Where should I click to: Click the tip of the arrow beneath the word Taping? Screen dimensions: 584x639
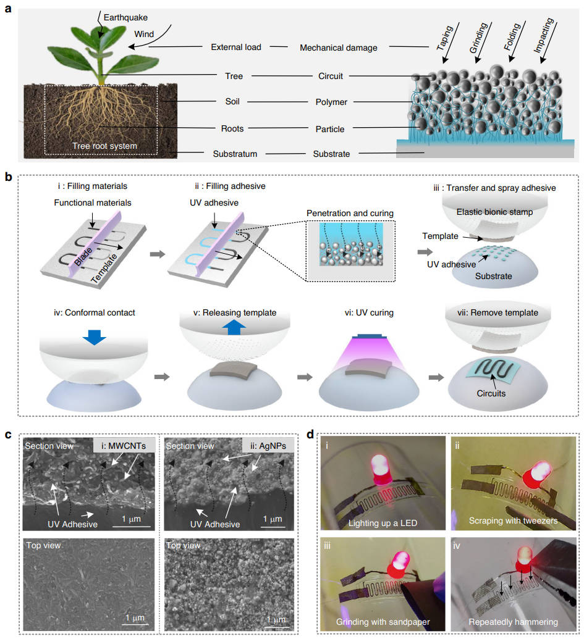coord(444,63)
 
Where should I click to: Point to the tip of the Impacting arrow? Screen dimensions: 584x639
coord(541,63)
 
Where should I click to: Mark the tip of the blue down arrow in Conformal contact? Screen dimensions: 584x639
coord(94,345)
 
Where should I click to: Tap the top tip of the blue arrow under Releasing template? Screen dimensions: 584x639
coord(234,319)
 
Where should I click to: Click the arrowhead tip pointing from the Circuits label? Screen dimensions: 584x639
coord(491,375)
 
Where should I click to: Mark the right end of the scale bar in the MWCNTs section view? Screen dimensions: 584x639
coord(151,527)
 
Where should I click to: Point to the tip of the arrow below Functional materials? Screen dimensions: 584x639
coord(93,227)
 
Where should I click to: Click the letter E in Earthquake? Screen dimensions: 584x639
coord(106,17)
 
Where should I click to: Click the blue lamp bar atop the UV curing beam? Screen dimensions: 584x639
coord(370,336)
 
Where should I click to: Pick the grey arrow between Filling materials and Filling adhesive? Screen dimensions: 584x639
coord(158,254)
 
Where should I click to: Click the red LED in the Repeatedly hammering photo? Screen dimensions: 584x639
coord(524,560)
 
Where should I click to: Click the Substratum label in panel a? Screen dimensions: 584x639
coord(235,154)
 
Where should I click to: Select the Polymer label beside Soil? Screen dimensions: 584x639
coord(331,102)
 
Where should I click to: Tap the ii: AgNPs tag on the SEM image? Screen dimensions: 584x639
coord(268,446)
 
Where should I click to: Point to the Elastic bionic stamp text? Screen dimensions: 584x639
coord(494,212)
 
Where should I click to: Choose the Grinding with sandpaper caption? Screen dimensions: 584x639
coord(383,622)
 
